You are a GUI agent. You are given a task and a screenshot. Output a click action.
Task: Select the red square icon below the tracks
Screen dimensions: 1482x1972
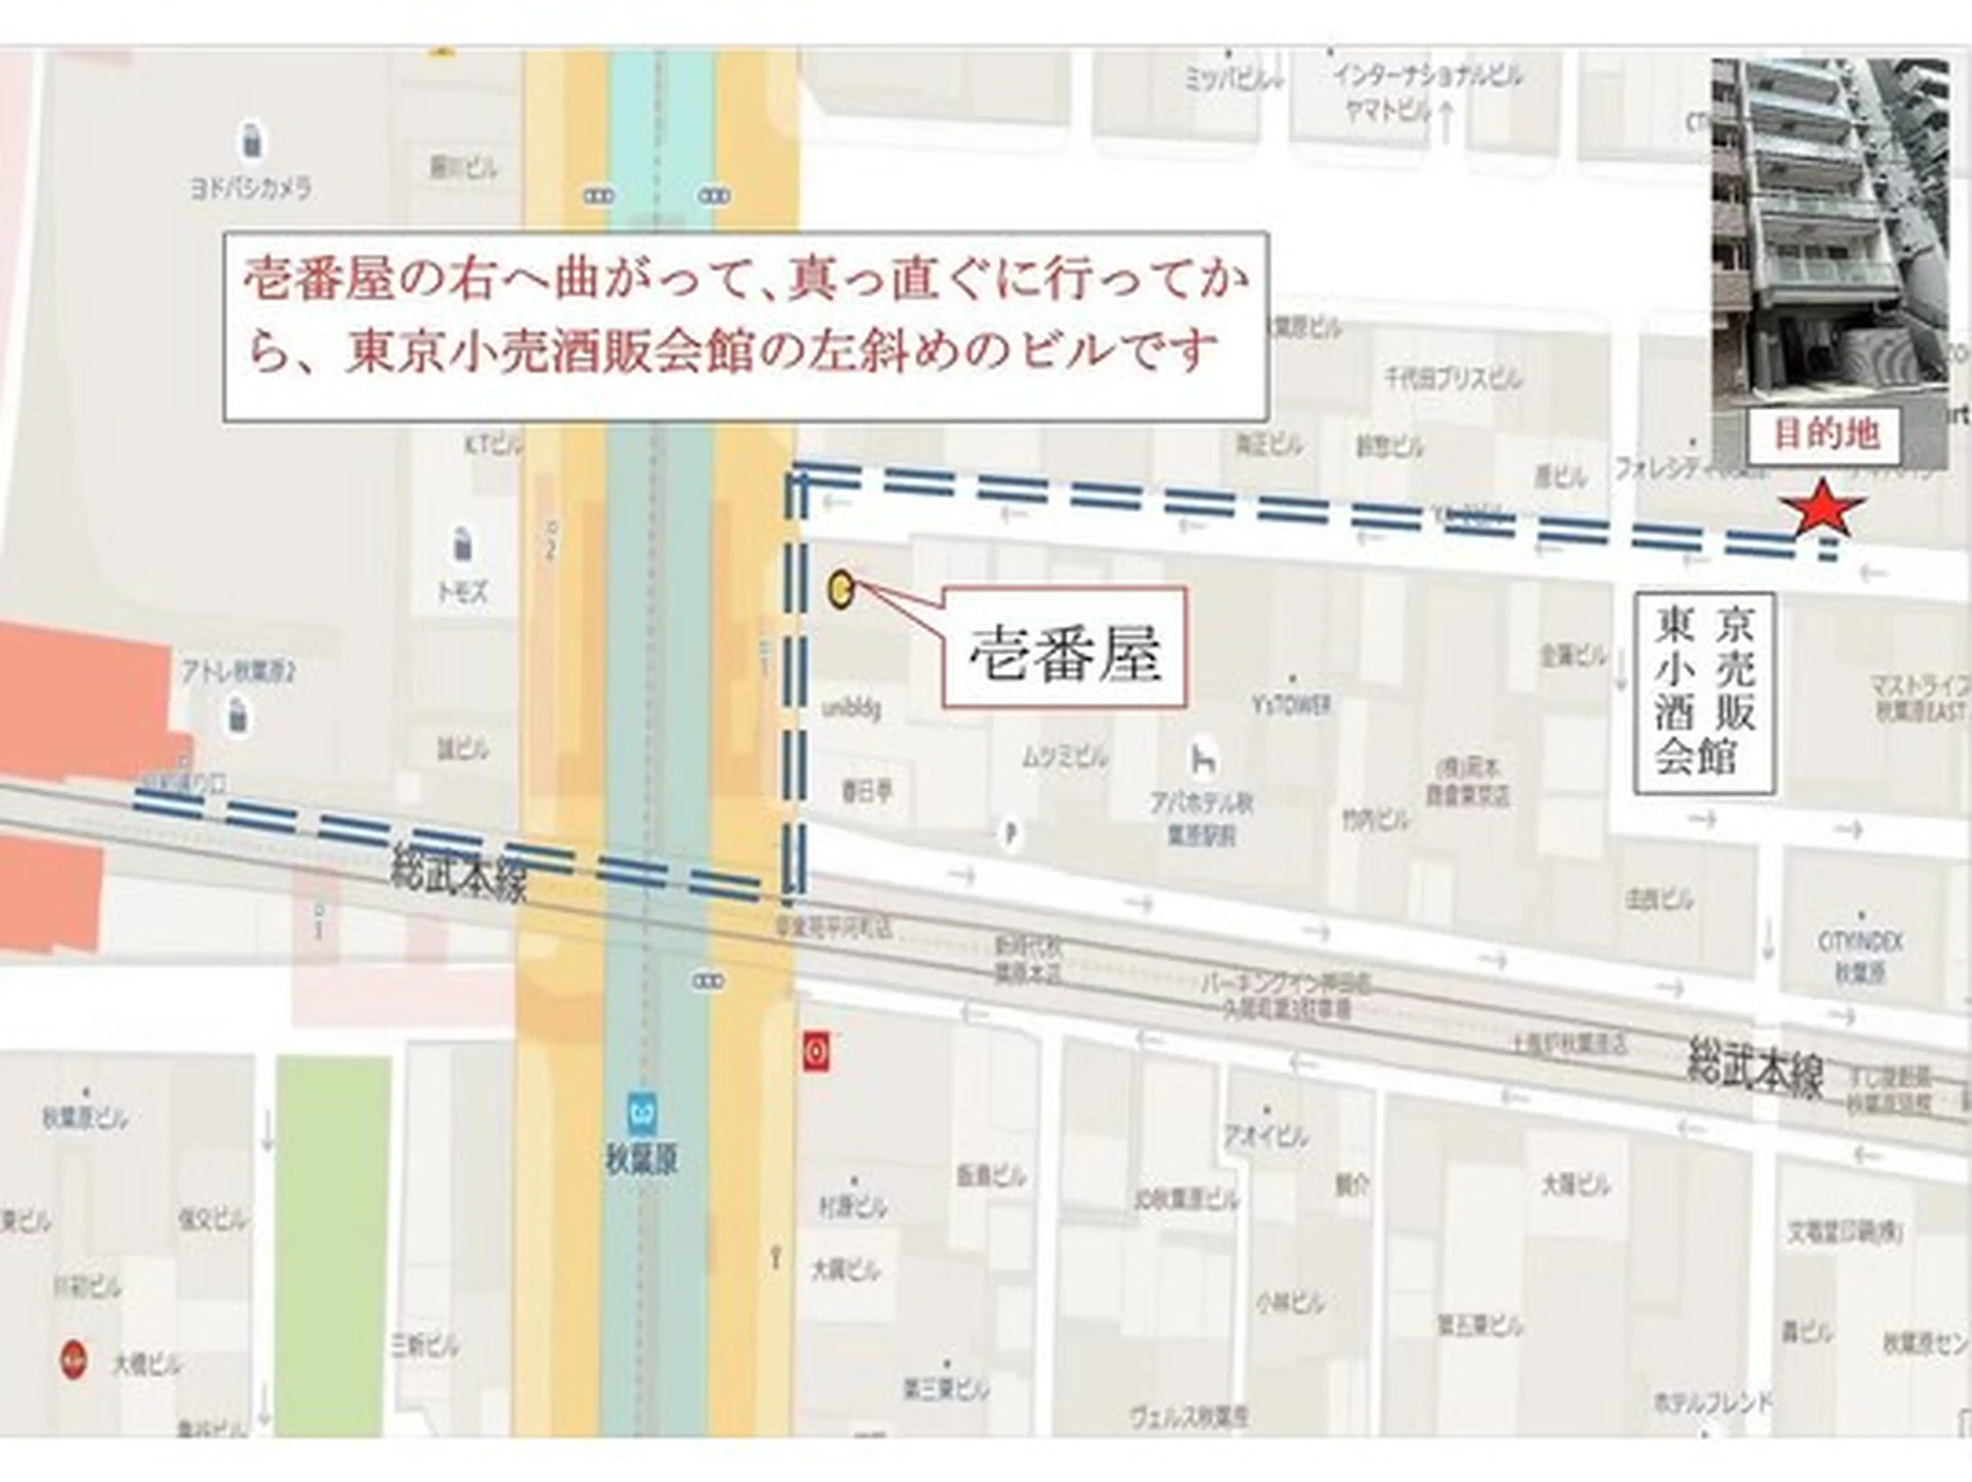817,1052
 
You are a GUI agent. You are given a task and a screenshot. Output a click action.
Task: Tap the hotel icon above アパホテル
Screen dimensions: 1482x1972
1204,760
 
